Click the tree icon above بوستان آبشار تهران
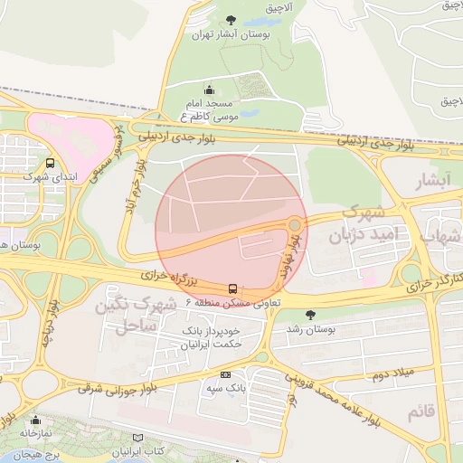[x=231, y=20]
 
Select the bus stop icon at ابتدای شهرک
[x=49, y=164]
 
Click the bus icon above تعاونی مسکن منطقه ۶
[x=234, y=289]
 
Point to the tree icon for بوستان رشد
[x=312, y=315]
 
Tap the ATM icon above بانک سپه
[x=225, y=373]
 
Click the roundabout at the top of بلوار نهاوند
[x=295, y=224]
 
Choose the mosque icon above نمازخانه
[x=35, y=420]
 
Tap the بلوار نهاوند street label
[x=291, y=259]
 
